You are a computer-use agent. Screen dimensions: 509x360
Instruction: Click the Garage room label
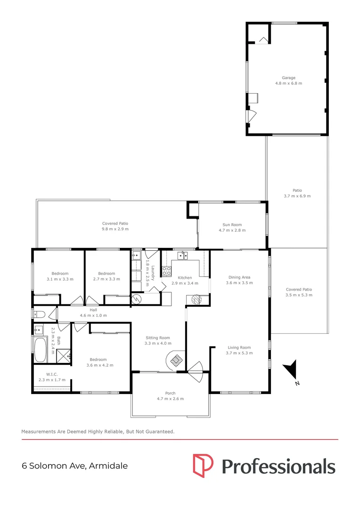pos(288,78)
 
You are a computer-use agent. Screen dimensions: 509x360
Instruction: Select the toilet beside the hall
pos(40,314)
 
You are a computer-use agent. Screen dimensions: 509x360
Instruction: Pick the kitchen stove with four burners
pos(166,271)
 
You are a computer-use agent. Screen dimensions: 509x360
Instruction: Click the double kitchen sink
pos(182,256)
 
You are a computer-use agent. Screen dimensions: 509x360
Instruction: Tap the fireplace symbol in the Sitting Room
pos(176,360)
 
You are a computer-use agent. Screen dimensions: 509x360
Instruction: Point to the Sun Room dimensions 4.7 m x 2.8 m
pos(232,231)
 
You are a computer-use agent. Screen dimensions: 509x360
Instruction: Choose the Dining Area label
pos(239,278)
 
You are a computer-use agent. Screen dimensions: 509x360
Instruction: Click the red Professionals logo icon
pos(203,465)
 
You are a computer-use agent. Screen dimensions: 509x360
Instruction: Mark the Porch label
pos(170,393)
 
